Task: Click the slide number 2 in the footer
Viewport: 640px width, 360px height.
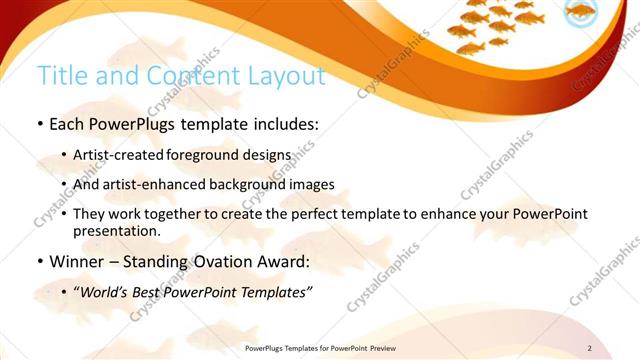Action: pos(589,348)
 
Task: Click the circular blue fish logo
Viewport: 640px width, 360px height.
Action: pos(580,13)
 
